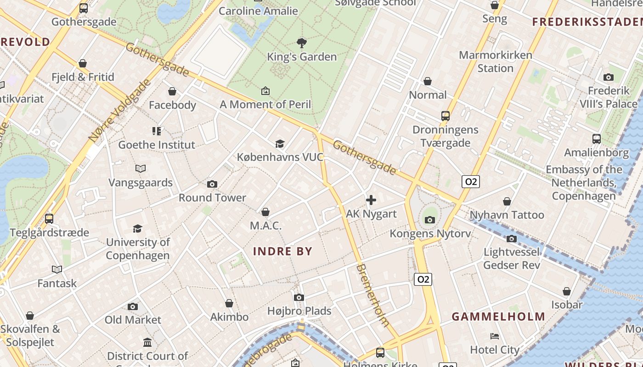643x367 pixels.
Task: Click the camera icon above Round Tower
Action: (x=212, y=184)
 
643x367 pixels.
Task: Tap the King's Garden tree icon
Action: (x=302, y=43)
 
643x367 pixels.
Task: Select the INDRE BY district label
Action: (x=282, y=251)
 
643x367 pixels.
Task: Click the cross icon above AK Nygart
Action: (x=371, y=200)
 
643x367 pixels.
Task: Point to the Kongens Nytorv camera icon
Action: (x=430, y=220)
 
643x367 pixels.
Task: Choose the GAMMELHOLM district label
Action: (x=498, y=317)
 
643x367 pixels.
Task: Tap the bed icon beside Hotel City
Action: (x=495, y=336)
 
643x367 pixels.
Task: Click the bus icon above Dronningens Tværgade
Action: (x=445, y=116)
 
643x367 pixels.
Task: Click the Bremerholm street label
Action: (x=372, y=295)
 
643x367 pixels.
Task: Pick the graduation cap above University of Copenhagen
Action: (x=137, y=228)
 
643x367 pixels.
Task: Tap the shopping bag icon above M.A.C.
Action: (x=265, y=212)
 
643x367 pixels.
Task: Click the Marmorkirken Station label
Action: (x=495, y=61)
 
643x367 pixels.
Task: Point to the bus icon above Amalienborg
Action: (x=596, y=139)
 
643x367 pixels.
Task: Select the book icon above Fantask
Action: (x=57, y=270)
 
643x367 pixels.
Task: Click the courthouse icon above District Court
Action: (x=147, y=343)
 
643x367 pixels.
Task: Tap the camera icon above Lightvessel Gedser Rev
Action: (x=511, y=239)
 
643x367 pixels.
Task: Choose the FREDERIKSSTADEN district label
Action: (x=587, y=22)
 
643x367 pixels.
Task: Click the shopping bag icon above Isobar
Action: (x=567, y=291)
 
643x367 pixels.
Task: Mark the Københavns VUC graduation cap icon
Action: (x=280, y=144)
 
